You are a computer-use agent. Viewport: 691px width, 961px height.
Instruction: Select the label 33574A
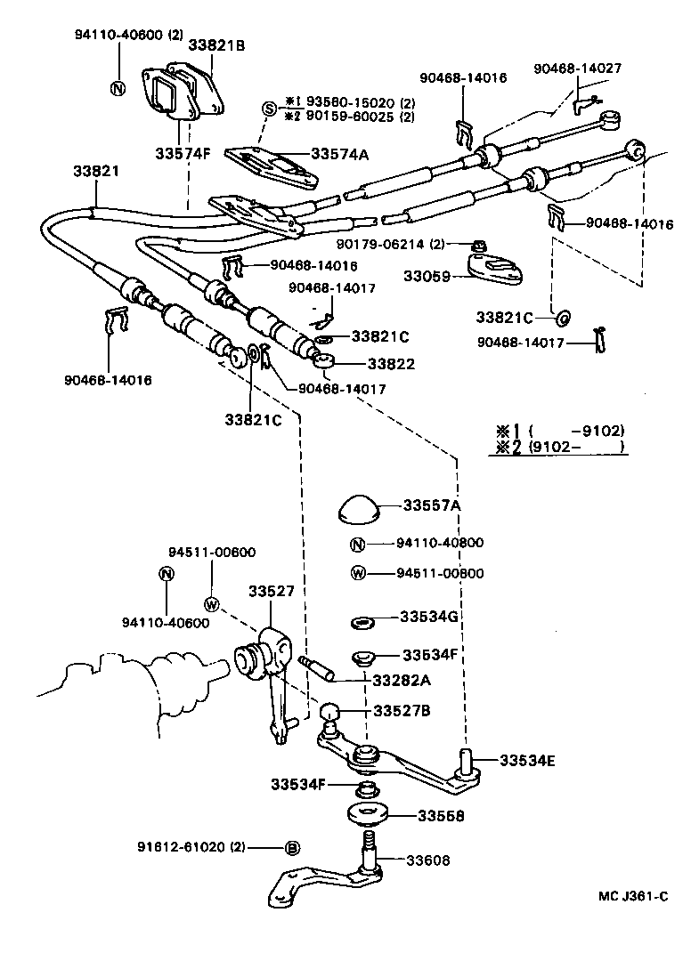click(339, 154)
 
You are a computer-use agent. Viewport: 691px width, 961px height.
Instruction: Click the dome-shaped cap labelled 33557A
click(358, 510)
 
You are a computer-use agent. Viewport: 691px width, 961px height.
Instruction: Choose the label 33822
click(370, 363)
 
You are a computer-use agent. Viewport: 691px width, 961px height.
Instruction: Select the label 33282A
click(401, 680)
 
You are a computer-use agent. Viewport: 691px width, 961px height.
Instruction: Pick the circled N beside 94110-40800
click(357, 545)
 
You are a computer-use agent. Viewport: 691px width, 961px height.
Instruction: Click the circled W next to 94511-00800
click(357, 573)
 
